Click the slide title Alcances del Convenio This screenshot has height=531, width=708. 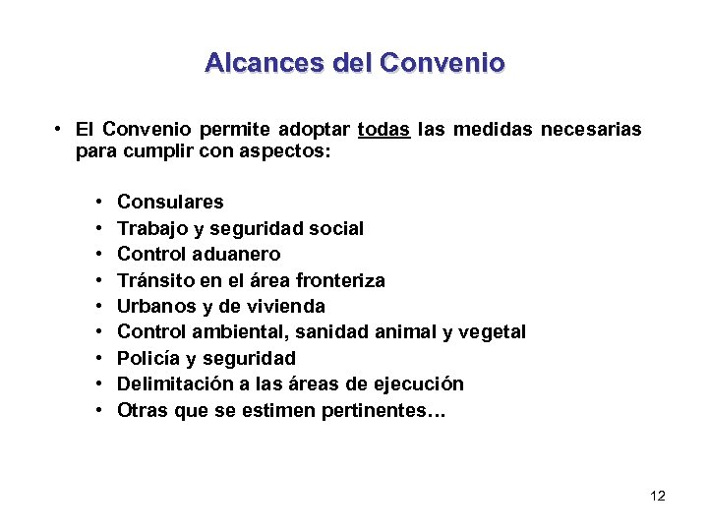pos(354,64)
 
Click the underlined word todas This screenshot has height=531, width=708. pos(384,129)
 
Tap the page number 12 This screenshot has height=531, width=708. pos(658,496)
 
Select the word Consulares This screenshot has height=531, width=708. pos(170,203)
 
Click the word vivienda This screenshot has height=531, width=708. pos(289,306)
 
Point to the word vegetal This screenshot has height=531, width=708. pos(492,332)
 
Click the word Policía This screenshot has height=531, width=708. pos(147,358)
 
